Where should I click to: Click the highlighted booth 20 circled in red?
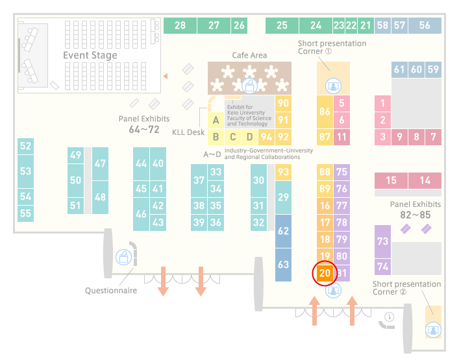(325, 273)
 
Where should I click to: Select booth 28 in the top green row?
(180, 25)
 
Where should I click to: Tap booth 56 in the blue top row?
(425, 25)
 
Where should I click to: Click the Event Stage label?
(90, 55)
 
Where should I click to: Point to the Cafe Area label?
(249, 55)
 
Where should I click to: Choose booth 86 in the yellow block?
(325, 112)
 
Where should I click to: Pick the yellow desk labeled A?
(216, 120)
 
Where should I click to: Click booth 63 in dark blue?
(283, 265)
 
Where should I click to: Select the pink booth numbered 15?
(391, 180)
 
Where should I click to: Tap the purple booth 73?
(382, 241)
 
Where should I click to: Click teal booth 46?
(141, 214)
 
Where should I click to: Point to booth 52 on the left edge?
(25, 146)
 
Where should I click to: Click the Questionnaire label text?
(111, 291)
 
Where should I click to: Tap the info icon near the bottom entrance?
(390, 317)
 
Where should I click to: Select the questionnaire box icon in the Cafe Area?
(249, 86)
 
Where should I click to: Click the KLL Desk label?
(188, 132)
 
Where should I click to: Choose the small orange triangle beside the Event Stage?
(166, 77)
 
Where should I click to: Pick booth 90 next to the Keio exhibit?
(283, 104)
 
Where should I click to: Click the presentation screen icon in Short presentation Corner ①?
(333, 86)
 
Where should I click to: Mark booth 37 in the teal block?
(199, 180)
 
